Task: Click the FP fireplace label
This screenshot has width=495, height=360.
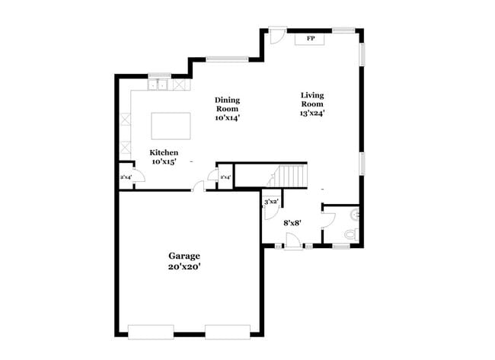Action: point(311,39)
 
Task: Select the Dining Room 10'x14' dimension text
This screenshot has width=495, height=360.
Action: point(227,118)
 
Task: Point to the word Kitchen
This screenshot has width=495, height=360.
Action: point(164,152)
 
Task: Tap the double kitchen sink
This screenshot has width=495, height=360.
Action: point(159,84)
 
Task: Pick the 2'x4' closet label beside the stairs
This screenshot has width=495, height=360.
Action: point(225,177)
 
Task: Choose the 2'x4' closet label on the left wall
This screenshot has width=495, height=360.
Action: point(126,177)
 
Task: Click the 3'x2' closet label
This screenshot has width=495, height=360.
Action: point(271,202)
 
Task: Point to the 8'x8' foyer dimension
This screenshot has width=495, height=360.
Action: point(292,223)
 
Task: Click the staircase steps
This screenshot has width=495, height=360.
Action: point(290,176)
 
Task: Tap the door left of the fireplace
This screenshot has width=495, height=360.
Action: point(277,35)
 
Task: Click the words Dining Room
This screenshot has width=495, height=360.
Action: point(227,104)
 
